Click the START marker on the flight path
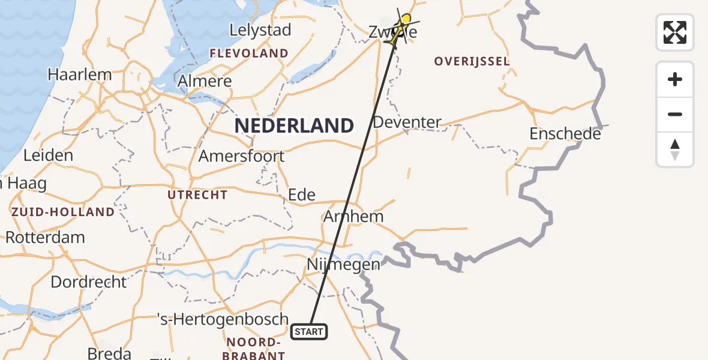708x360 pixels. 310,331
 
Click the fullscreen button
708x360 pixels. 675,32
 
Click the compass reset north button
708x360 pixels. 675,149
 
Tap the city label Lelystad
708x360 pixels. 261,30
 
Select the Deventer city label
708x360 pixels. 407,122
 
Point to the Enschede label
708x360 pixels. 565,134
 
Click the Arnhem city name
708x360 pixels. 353,216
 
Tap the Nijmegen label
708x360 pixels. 343,264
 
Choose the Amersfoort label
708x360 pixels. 241,156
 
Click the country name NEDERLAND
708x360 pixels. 294,126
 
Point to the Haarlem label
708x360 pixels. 80,75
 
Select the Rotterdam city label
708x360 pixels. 46,237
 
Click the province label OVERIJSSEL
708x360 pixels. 472,61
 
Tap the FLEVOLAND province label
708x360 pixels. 249,53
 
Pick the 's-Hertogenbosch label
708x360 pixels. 223,319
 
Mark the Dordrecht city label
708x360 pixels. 89,281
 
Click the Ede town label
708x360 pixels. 302,194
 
